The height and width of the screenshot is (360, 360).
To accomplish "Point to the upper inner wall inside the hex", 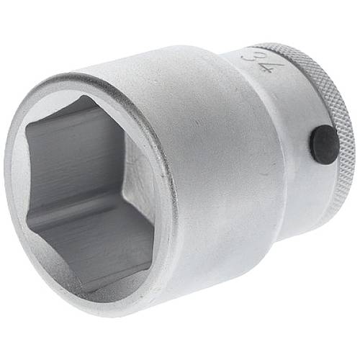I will click(x=108, y=130).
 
